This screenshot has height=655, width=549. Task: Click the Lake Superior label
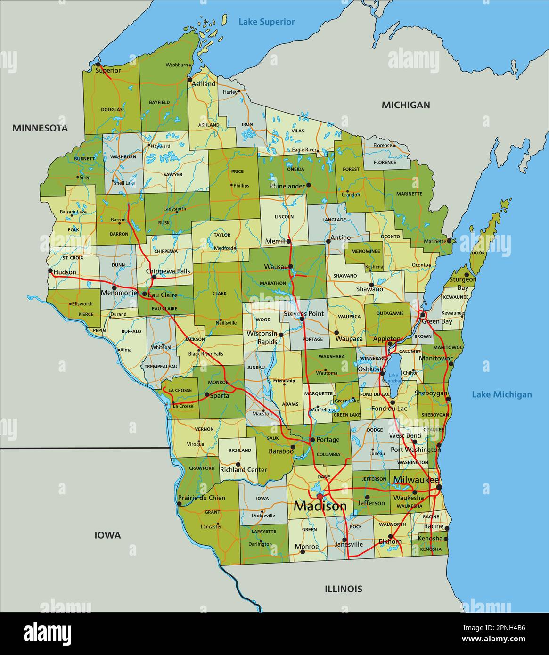click(266, 22)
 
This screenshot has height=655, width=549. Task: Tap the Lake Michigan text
click(501, 394)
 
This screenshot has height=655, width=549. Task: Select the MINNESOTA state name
click(40, 128)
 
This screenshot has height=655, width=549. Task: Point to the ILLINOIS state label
click(343, 589)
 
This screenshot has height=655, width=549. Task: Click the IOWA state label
click(107, 535)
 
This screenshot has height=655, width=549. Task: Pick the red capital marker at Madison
click(320, 497)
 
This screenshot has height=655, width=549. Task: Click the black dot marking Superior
click(98, 65)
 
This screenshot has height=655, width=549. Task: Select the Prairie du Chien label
click(202, 498)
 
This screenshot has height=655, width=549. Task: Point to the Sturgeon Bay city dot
click(466, 275)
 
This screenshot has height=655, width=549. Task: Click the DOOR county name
click(478, 253)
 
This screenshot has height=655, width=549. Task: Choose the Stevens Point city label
click(303, 313)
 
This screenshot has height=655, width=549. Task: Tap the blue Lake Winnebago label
click(393, 377)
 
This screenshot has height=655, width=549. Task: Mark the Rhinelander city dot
click(309, 185)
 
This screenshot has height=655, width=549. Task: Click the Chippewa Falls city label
click(168, 271)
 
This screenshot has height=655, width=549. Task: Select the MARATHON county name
click(272, 283)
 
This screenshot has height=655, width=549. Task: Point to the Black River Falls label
click(205, 354)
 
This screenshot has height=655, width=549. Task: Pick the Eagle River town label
click(303, 150)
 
